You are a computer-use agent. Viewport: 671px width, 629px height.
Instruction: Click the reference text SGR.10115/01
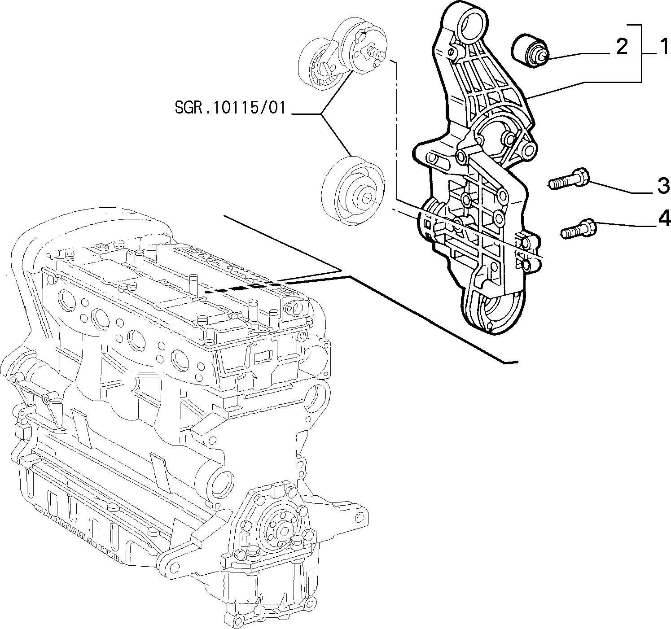[x=230, y=108]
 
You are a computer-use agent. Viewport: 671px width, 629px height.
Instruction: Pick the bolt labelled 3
[x=570, y=179]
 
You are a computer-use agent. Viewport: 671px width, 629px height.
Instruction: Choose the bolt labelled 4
[x=579, y=229]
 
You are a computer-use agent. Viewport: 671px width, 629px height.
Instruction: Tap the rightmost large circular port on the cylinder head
[x=180, y=360]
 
